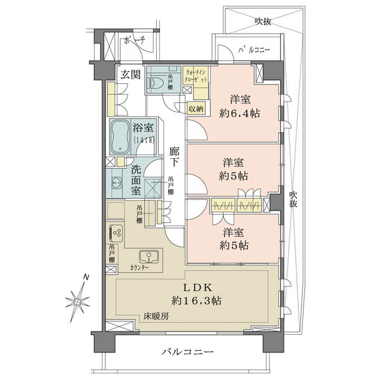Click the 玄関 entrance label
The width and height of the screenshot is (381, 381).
pos(131,74)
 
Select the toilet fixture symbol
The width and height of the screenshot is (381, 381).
pos(158,82)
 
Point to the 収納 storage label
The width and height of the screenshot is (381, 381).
pos(196,109)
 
